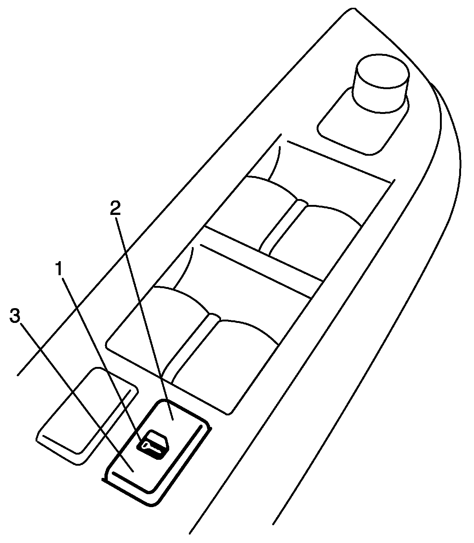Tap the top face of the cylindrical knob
coord(383,71)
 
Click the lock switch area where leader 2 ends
coord(173,419)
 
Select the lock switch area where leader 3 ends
coord(133,471)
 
